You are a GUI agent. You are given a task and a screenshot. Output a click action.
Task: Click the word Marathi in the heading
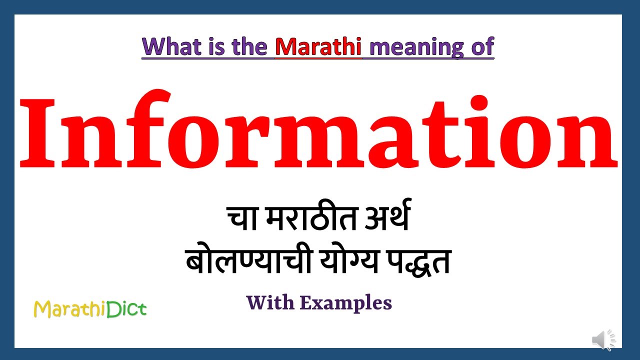click(318, 46)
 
